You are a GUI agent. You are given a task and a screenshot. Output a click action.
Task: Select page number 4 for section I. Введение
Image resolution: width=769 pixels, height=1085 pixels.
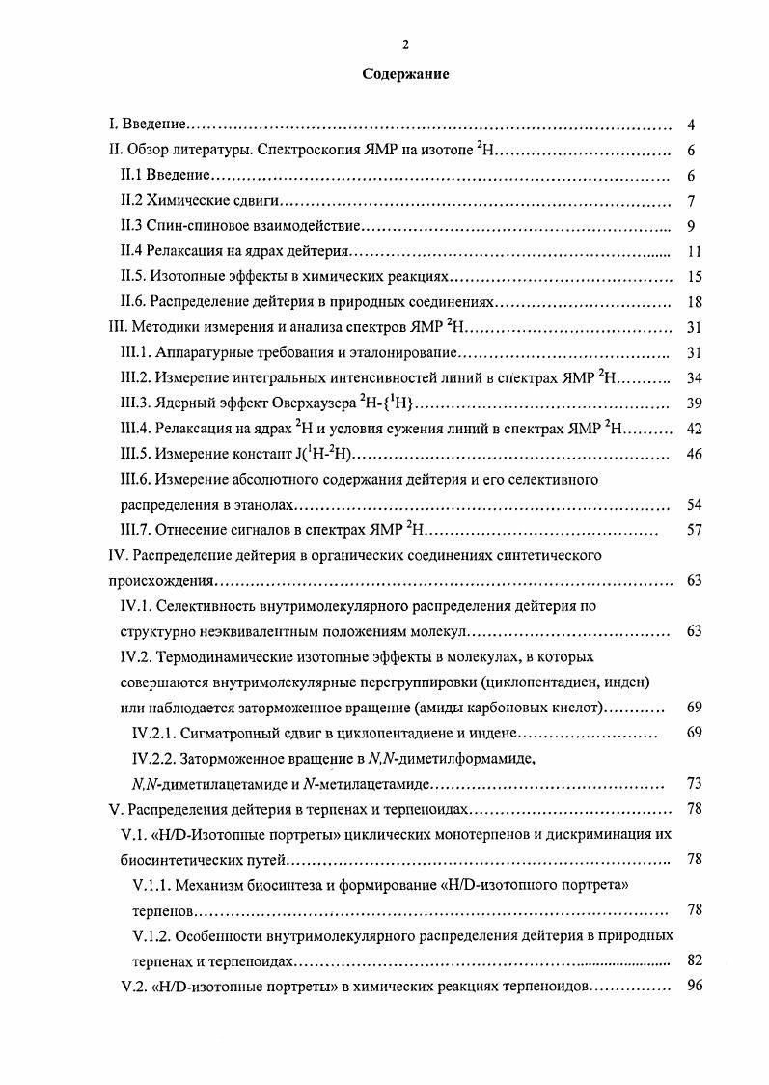pyautogui.click(x=692, y=125)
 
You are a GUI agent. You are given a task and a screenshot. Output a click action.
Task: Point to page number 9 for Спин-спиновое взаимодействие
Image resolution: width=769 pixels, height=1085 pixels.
pyautogui.click(x=692, y=226)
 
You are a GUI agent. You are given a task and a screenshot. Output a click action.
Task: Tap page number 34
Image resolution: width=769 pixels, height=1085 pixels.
pyautogui.click(x=692, y=378)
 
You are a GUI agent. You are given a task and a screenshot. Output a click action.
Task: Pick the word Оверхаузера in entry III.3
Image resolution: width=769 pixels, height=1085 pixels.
pyautogui.click(x=288, y=403)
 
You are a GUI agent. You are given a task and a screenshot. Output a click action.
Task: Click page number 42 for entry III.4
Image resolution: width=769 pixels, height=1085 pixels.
pyautogui.click(x=692, y=429)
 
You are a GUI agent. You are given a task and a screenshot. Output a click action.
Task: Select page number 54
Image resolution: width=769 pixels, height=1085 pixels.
pyautogui.click(x=692, y=505)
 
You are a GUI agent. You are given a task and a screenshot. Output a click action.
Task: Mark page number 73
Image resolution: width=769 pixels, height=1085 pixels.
pyautogui.click(x=692, y=783)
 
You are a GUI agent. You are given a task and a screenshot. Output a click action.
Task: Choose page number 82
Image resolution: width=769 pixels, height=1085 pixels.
pyautogui.click(x=692, y=960)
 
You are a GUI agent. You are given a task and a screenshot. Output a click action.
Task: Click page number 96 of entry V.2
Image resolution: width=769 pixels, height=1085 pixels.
pyautogui.click(x=692, y=987)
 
